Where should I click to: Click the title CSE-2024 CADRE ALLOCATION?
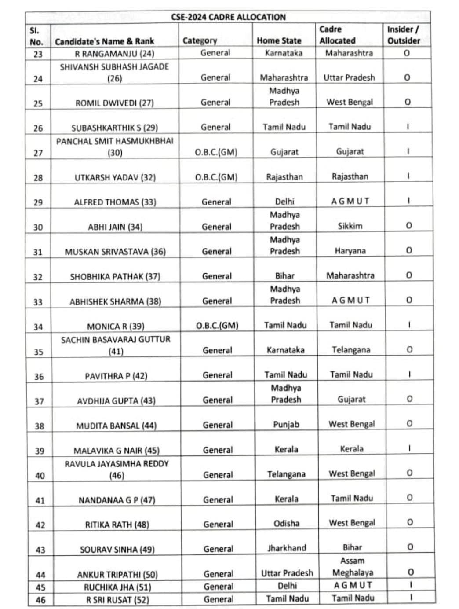point(228,17)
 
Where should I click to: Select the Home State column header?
point(279,41)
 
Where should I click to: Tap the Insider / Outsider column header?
point(403,35)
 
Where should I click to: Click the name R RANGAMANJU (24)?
point(115,54)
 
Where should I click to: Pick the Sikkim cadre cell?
point(350,226)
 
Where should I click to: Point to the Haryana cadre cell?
point(350,251)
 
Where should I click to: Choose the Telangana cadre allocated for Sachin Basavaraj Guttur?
point(351,350)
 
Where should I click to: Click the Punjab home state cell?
point(286,425)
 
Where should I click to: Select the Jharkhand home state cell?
point(287,548)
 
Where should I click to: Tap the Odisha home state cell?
point(286,524)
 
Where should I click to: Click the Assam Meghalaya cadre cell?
point(352,567)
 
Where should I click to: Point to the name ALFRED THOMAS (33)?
point(115,202)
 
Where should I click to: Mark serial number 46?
point(40,600)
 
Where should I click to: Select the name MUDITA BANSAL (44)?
point(116,426)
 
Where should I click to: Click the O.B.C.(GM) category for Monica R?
point(217,326)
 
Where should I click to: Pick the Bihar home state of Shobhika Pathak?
point(284,276)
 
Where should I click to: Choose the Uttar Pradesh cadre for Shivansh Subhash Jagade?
point(349,78)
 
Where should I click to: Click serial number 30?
point(38,227)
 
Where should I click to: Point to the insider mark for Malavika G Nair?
point(409,448)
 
